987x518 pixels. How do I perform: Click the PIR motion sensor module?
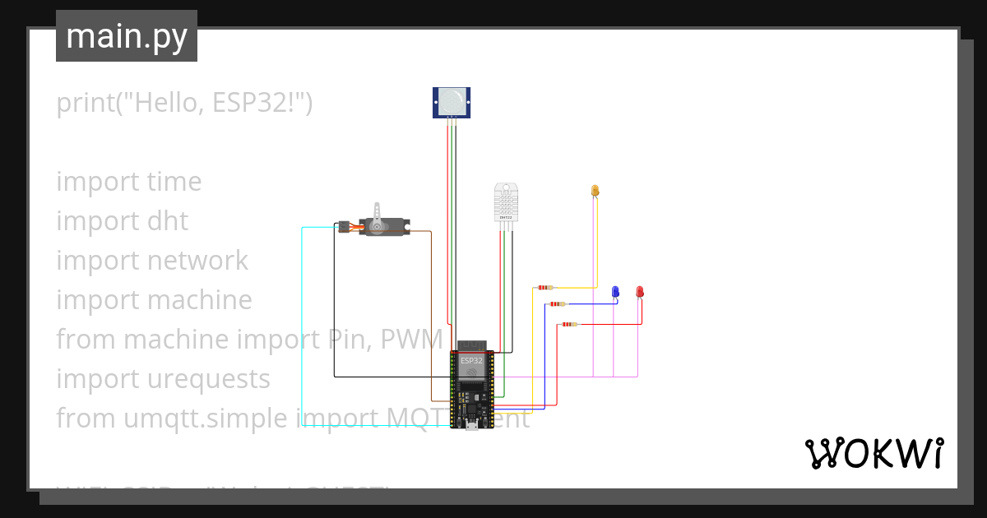452,102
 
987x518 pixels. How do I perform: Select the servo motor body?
387,226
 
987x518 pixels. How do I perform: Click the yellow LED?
595,191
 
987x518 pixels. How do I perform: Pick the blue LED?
614,292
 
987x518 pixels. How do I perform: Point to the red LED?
639,292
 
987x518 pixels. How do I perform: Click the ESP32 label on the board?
471,361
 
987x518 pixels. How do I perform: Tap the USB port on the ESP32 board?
471,425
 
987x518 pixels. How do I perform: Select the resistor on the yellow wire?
544,288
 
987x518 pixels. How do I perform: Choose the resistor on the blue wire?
558,304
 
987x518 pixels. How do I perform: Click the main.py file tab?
127,36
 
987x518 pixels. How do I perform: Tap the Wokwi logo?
873,453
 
